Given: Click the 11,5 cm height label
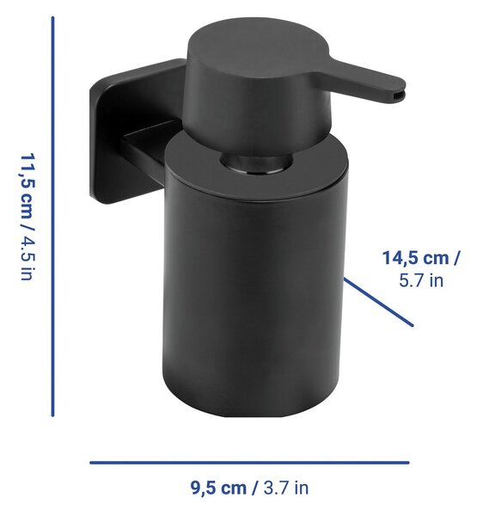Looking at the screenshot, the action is [28, 186].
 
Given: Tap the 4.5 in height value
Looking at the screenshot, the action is [28, 258].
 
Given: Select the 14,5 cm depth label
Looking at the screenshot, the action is [415, 258].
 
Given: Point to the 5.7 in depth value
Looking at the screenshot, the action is [421, 280].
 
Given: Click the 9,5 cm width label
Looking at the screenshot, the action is [218, 488].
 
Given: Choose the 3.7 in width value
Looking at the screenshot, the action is [286, 488].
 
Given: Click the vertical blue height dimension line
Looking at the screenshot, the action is [52, 217].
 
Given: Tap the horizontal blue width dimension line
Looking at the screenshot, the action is [250, 463].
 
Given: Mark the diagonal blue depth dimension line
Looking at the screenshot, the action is [378, 302].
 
